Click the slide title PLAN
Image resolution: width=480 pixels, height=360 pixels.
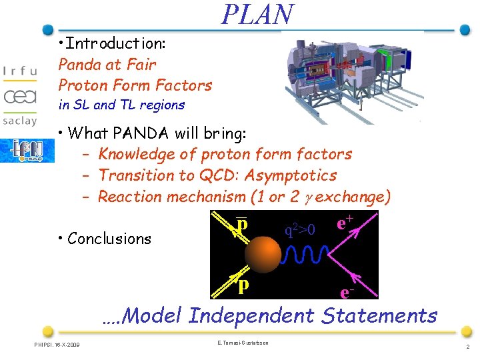pos(257,15)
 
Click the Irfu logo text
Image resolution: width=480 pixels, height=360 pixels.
pos(20,72)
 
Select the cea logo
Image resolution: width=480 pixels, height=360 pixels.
pos(20,97)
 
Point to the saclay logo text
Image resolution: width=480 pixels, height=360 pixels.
pos(20,123)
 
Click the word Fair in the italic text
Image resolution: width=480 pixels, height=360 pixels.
pos(143,65)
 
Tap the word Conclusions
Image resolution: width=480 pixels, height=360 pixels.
pos(109,239)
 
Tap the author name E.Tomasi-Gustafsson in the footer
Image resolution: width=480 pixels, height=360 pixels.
pos(243,342)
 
